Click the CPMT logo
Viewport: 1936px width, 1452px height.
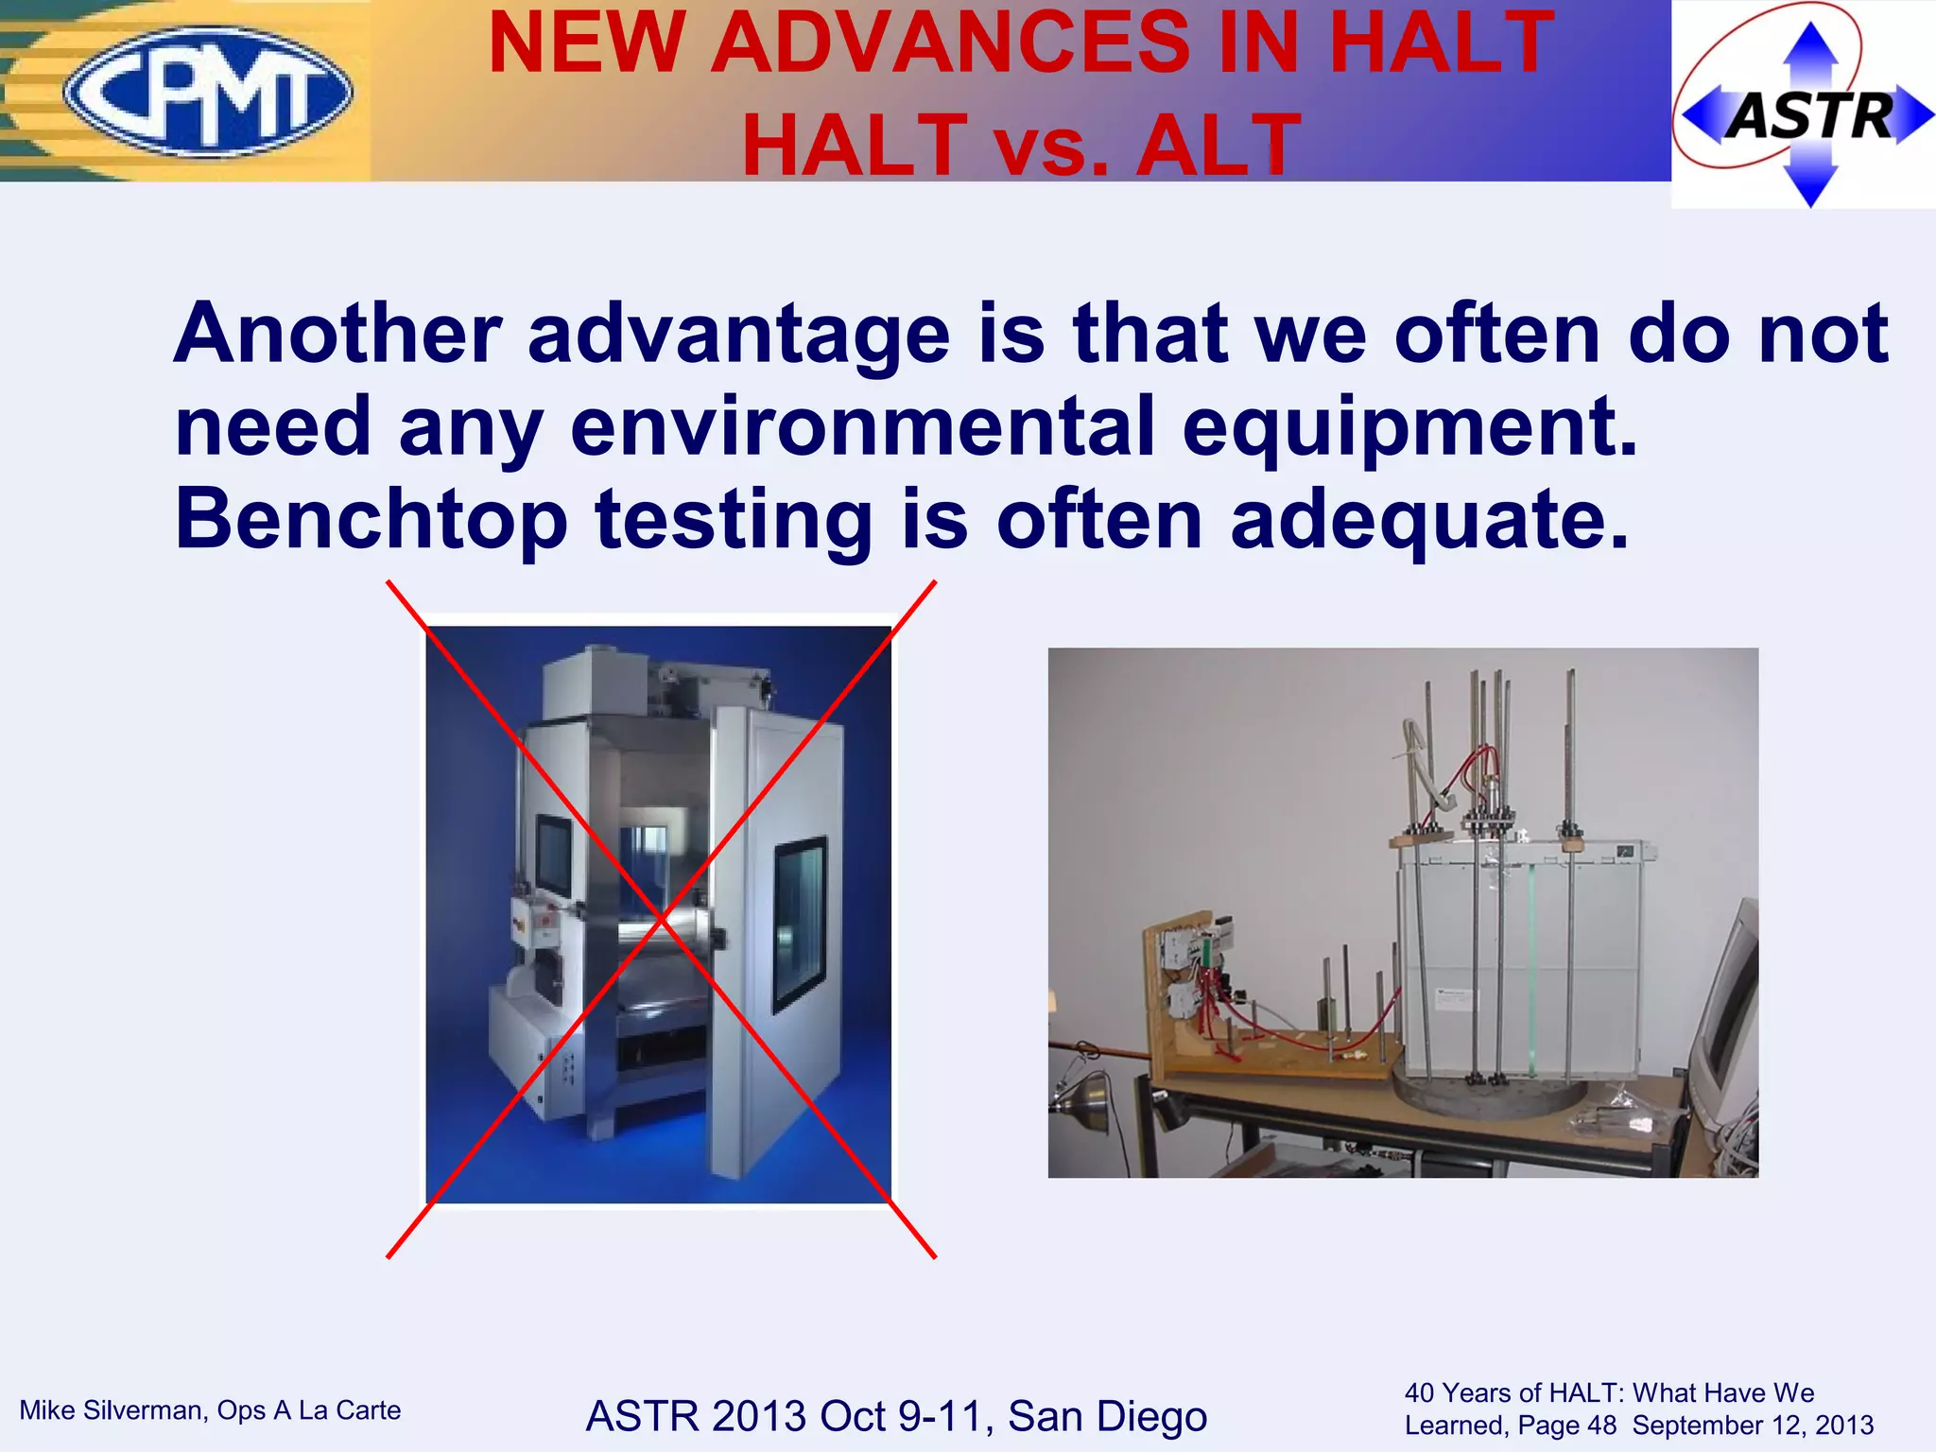(x=208, y=92)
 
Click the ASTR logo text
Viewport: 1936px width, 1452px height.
(x=1809, y=115)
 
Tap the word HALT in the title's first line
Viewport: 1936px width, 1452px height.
(x=1440, y=43)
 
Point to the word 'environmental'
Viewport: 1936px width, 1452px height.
(x=862, y=426)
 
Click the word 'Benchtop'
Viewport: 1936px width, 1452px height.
(x=371, y=519)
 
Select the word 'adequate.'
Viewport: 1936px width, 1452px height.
(x=1429, y=519)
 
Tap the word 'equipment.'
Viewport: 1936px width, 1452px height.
(x=1409, y=426)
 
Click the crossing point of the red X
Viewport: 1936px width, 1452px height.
(x=662, y=918)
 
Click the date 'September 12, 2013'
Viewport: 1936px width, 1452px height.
(x=1753, y=1426)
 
